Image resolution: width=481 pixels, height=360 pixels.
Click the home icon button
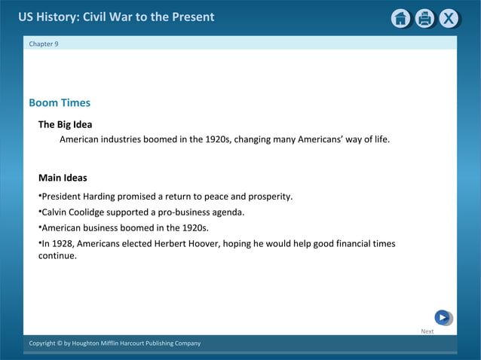click(x=401, y=19)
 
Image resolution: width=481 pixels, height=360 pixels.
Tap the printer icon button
click(x=425, y=19)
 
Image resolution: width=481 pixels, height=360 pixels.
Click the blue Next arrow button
click(x=443, y=318)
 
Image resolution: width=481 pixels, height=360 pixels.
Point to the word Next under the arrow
click(x=427, y=331)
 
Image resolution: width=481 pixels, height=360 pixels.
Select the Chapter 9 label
click(x=44, y=44)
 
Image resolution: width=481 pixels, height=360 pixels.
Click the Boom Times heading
click(x=60, y=103)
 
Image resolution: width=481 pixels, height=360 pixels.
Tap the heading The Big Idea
click(x=65, y=124)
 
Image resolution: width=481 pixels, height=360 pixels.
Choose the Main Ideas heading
click(x=63, y=178)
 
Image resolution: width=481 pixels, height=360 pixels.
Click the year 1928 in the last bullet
click(x=63, y=244)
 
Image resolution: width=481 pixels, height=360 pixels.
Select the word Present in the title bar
click(x=193, y=17)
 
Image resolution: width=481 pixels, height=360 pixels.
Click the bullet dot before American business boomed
click(x=40, y=227)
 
